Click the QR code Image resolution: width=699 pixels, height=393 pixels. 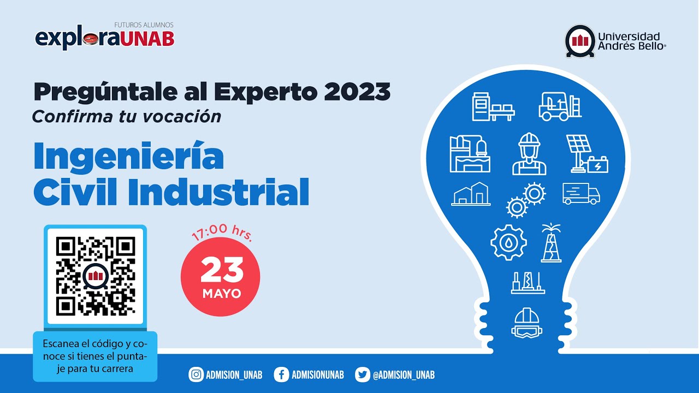click(96, 276)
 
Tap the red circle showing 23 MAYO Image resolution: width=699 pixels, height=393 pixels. click(221, 277)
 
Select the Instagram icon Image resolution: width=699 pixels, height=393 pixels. click(196, 374)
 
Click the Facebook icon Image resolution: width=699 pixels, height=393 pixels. click(282, 374)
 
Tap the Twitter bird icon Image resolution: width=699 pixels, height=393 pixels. click(362, 374)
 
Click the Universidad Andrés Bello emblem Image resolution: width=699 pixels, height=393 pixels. click(580, 41)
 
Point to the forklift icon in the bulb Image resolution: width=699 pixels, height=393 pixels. click(560, 106)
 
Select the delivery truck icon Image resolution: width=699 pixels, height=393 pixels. click(581, 194)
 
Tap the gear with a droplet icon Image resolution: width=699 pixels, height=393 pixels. click(508, 242)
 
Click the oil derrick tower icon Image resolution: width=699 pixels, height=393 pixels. click(551, 242)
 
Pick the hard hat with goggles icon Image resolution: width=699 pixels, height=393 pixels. click(527, 323)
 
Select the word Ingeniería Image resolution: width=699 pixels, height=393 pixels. click(129, 156)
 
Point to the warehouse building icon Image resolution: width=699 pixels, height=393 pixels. click(471, 194)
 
